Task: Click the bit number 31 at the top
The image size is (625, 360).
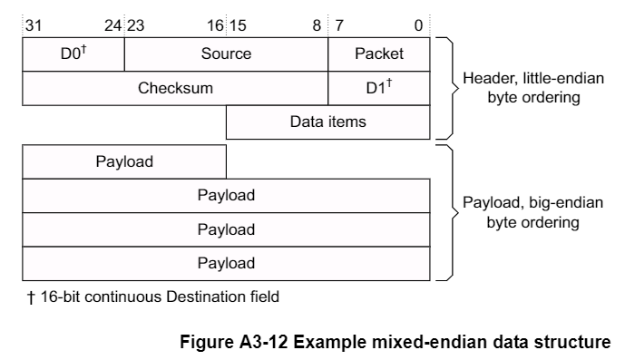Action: coord(33,25)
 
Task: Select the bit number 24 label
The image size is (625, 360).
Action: coord(112,25)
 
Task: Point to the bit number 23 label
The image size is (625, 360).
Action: coord(135,25)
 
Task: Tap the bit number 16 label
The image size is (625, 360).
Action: coord(214,25)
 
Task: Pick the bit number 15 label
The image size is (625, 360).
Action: coord(238,25)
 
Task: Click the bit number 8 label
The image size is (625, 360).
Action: coord(317,25)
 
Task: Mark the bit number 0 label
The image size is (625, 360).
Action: coord(418,25)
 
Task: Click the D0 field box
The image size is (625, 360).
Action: coord(73,54)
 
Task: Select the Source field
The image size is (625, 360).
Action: coord(226,54)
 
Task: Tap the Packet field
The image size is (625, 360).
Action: coord(379,54)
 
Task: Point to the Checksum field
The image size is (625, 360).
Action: coord(175,88)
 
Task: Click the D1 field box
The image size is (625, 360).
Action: coord(379,88)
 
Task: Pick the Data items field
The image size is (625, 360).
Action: coord(327,122)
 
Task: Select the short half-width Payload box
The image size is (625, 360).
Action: coord(124,162)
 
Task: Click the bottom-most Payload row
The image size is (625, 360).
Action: coord(226,263)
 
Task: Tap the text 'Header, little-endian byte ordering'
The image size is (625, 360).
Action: coord(520,88)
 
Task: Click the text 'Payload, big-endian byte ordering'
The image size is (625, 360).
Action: coord(520,212)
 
